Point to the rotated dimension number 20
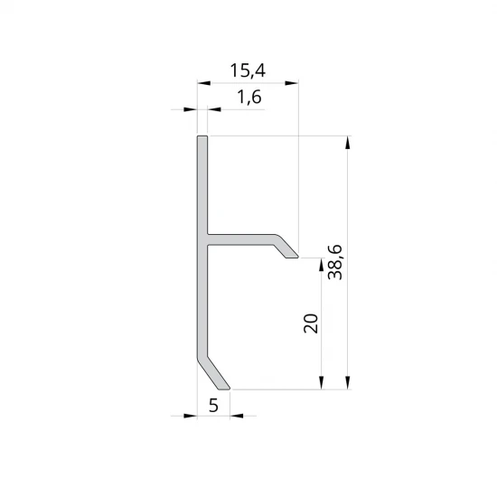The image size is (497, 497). (311, 324)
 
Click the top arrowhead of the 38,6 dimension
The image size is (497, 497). (348, 142)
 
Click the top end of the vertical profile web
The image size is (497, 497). (202, 139)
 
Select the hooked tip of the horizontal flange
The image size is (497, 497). (291, 255)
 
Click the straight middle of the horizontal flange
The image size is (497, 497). (239, 240)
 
